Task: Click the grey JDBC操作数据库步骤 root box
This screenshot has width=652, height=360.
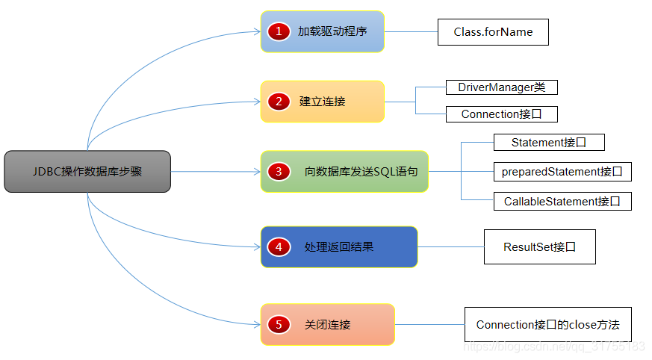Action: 87,172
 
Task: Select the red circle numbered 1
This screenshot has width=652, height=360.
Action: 279,31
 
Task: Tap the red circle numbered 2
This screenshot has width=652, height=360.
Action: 279,102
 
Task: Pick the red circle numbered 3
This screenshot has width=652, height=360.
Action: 279,172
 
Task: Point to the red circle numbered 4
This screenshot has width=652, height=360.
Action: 279,246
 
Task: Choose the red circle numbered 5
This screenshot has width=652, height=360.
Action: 279,325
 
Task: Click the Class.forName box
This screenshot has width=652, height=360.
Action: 493,32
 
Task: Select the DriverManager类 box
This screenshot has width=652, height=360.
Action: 502,87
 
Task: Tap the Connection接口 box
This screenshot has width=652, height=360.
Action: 502,114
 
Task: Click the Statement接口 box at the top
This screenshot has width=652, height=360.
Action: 548,143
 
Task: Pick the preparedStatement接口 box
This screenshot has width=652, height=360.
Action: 562,172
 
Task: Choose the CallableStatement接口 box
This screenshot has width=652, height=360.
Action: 562,201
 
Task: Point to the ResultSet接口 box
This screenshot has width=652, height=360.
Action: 539,246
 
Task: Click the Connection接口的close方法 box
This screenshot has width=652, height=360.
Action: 547,325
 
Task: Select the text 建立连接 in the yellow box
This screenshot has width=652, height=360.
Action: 323,102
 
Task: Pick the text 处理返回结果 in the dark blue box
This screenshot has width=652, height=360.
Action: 339,246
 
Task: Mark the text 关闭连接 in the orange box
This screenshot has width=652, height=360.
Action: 328,325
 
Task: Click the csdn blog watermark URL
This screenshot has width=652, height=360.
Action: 554,347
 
